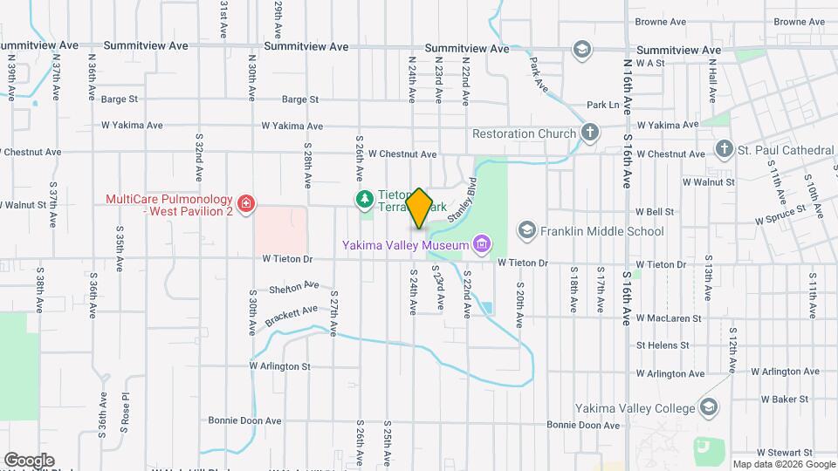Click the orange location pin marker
(419, 208)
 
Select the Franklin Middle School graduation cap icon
(526, 230)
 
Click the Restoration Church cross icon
(590, 133)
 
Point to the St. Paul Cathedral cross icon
(724, 150)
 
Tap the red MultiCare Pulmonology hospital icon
(247, 205)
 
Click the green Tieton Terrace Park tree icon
(363, 200)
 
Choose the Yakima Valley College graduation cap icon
(708, 408)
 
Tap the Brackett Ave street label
(292, 311)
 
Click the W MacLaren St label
(669, 318)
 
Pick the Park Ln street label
(602, 105)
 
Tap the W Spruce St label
(780, 213)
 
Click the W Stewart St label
(784, 453)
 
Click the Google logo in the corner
(29, 460)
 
